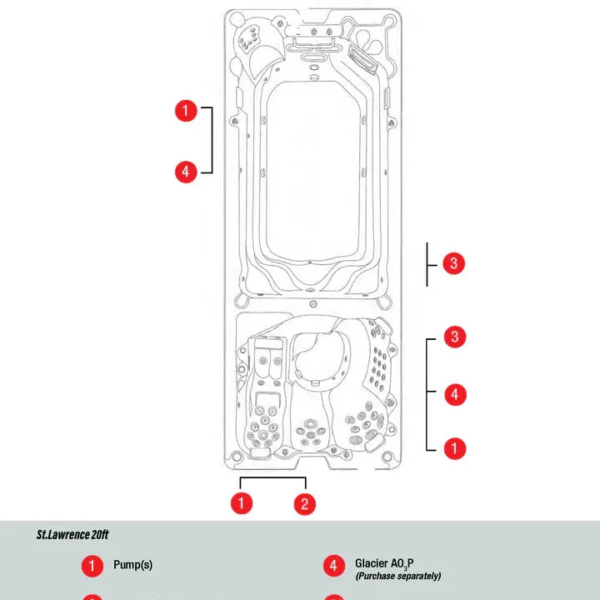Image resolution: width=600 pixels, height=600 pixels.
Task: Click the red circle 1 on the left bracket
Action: click(186, 110)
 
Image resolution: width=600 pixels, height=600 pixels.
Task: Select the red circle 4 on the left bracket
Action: click(186, 172)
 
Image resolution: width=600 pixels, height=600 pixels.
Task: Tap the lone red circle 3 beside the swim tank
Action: click(452, 263)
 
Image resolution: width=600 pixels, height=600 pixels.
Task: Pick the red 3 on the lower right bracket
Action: click(454, 337)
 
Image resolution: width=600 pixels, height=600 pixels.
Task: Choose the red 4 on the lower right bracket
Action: click(454, 393)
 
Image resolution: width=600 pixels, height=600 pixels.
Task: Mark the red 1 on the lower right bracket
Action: click(454, 448)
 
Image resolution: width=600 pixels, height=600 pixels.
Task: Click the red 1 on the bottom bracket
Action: click(242, 502)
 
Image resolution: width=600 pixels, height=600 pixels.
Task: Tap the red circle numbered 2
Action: click(305, 502)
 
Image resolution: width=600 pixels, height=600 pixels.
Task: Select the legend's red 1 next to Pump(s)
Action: click(92, 565)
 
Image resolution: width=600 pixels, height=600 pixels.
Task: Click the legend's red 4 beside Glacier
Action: click(333, 565)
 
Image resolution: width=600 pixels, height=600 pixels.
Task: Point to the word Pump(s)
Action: click(133, 565)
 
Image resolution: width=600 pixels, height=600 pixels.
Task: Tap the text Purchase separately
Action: click(397, 577)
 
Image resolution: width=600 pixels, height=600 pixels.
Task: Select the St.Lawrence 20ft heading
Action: click(72, 534)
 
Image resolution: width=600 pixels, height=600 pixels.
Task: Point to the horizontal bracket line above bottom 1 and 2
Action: click(273, 478)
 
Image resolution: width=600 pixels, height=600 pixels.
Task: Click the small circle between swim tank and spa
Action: click(312, 303)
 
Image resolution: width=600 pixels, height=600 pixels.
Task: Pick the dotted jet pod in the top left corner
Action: click(248, 37)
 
